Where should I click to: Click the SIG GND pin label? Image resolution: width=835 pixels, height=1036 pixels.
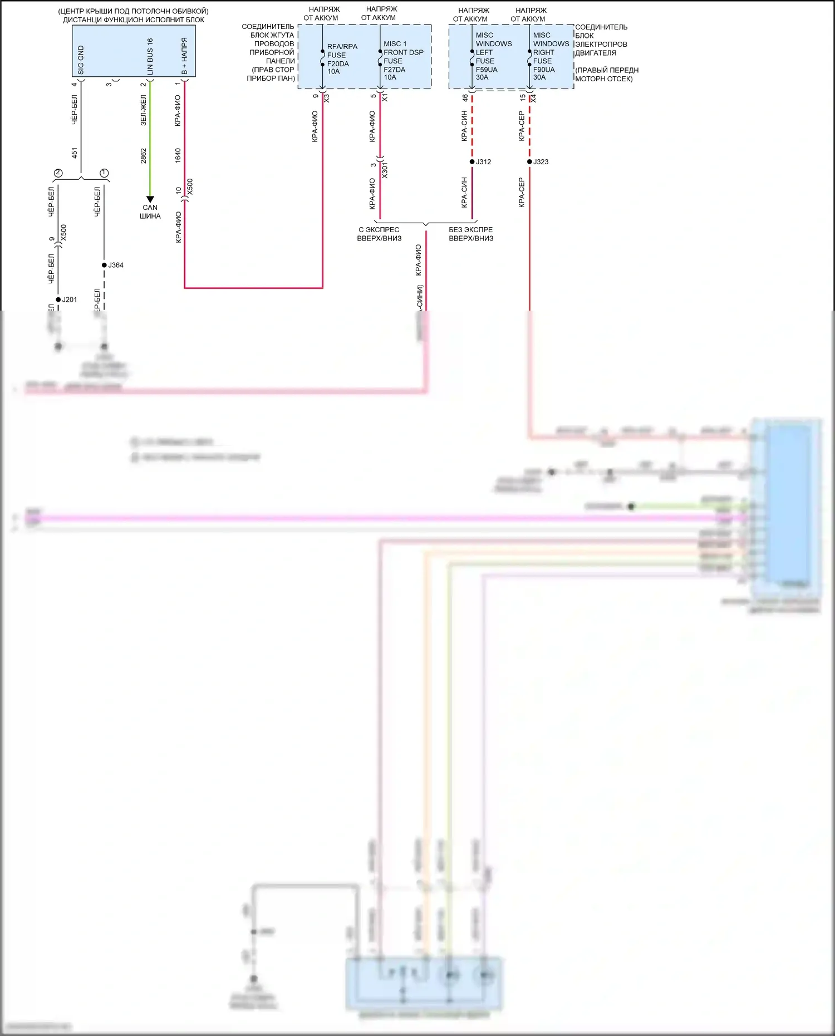[x=81, y=60]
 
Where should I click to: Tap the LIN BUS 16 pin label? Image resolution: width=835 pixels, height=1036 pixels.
[x=150, y=57]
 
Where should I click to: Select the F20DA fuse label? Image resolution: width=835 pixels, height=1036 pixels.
[x=338, y=63]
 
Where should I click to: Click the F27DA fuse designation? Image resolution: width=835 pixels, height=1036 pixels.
[x=394, y=70]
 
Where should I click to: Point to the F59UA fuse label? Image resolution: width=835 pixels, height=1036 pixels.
[x=487, y=70]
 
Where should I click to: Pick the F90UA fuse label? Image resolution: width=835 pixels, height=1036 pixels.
[x=544, y=70]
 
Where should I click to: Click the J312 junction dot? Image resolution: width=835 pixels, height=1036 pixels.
[x=472, y=162]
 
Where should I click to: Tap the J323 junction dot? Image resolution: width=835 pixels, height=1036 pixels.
[x=529, y=162]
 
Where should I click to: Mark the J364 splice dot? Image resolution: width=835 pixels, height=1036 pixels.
[x=104, y=265]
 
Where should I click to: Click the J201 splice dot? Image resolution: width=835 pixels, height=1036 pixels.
[x=58, y=299]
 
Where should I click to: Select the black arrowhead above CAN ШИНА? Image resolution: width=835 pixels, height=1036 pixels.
[x=150, y=199]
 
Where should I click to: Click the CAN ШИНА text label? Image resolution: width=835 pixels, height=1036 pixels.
[x=150, y=212]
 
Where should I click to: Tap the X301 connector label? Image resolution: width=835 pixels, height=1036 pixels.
[x=385, y=170]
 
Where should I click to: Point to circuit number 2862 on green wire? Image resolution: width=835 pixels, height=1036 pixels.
[x=144, y=155]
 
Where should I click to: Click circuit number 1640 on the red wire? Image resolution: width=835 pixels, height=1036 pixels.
[x=178, y=155]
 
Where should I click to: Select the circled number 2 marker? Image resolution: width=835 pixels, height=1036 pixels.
[x=58, y=173]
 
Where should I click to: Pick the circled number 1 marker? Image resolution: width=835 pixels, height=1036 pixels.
[x=104, y=173]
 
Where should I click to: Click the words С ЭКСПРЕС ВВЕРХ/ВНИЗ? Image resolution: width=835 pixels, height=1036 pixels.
[x=379, y=234]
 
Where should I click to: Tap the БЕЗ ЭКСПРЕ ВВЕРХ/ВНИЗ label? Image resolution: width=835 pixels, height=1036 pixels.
[x=471, y=234]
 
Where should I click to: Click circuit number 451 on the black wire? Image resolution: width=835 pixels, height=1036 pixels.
[x=75, y=153]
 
